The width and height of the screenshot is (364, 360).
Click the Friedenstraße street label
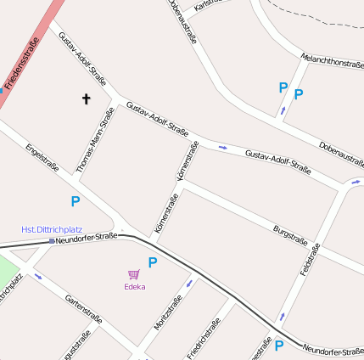click(x=22, y=65)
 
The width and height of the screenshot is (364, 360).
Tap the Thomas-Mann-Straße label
click(x=95, y=141)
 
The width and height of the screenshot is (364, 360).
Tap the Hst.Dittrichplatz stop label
click(x=52, y=229)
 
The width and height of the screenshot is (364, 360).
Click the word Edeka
click(x=134, y=287)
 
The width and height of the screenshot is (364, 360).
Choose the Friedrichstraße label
click(x=204, y=338)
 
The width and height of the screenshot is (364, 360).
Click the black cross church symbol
click(x=86, y=99)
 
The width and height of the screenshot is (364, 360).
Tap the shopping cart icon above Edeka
click(x=134, y=274)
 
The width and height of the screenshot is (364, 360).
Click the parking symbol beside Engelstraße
click(x=75, y=201)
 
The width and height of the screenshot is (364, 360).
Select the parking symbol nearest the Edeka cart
click(x=153, y=262)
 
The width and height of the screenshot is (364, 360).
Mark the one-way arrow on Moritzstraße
click(x=188, y=283)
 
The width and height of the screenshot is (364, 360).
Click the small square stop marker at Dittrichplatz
click(x=53, y=241)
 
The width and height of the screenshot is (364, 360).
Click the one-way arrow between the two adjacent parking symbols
click(x=283, y=110)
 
